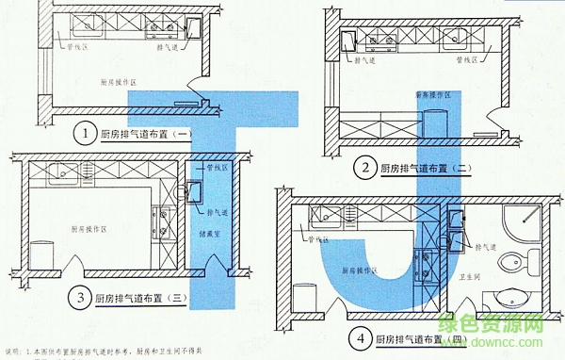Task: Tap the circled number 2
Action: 362,168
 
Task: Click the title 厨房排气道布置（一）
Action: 146,134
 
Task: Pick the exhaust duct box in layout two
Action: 347,41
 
